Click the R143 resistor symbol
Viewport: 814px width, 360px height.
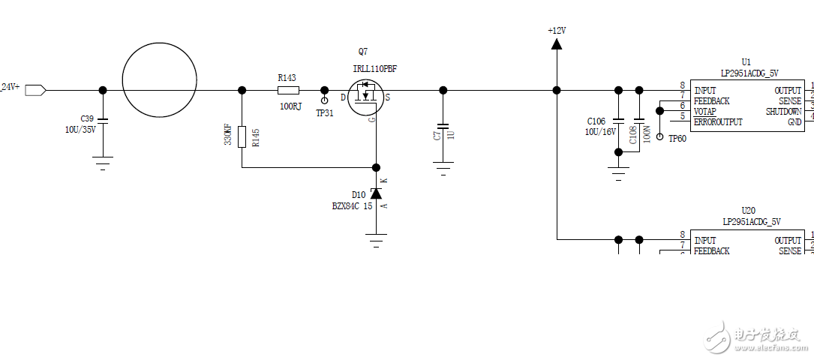click(289, 90)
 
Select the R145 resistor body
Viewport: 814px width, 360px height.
click(242, 137)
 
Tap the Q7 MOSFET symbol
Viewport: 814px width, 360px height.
click(366, 96)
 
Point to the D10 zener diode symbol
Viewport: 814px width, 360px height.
click(376, 193)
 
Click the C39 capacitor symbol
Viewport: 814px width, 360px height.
click(103, 120)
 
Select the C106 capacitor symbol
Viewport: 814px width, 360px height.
click(618, 120)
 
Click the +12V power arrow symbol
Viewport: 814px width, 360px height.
click(556, 43)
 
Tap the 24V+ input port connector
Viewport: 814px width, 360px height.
click(35, 90)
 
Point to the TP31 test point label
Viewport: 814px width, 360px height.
click(324, 113)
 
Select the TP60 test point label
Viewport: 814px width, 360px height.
click(677, 138)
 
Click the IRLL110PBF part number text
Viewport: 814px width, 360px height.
click(374, 68)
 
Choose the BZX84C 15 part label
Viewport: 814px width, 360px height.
click(352, 205)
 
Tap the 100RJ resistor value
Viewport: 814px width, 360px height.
click(290, 106)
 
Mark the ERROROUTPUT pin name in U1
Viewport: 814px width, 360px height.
click(718, 122)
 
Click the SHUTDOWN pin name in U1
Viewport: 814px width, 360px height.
click(783, 111)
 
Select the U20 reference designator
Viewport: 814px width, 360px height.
click(747, 211)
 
